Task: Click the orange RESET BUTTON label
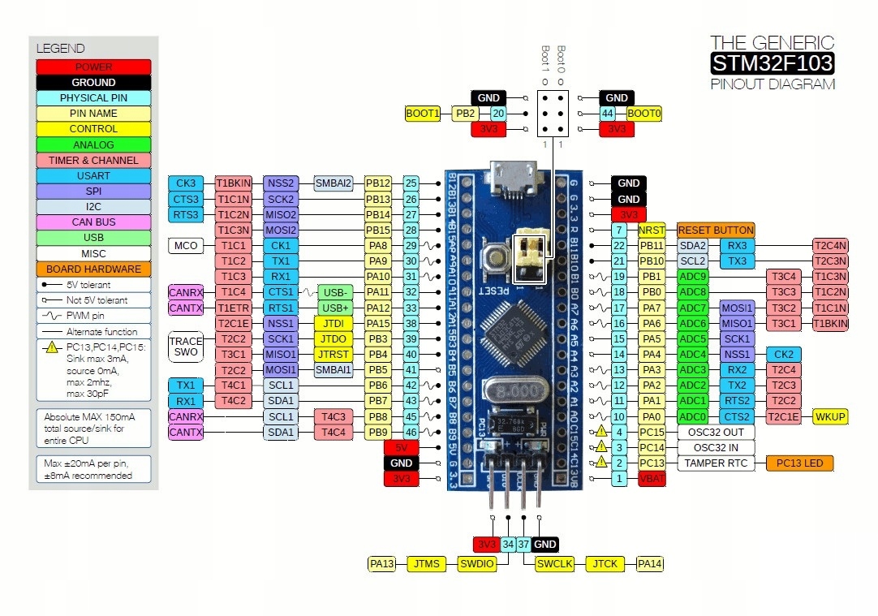pos(716,230)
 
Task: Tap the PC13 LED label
pos(799,463)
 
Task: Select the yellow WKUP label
pos(830,416)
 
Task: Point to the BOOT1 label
pos(423,114)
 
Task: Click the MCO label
pos(186,245)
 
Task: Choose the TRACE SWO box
pos(186,347)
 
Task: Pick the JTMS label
pos(427,563)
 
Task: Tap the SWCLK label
pos(555,563)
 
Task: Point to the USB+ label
pos(335,308)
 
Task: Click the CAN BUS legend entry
pos(93,222)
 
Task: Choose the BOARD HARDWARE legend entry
pos(93,269)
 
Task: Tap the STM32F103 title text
pos(772,63)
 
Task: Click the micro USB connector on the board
pos(513,179)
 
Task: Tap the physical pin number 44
pos(608,114)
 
